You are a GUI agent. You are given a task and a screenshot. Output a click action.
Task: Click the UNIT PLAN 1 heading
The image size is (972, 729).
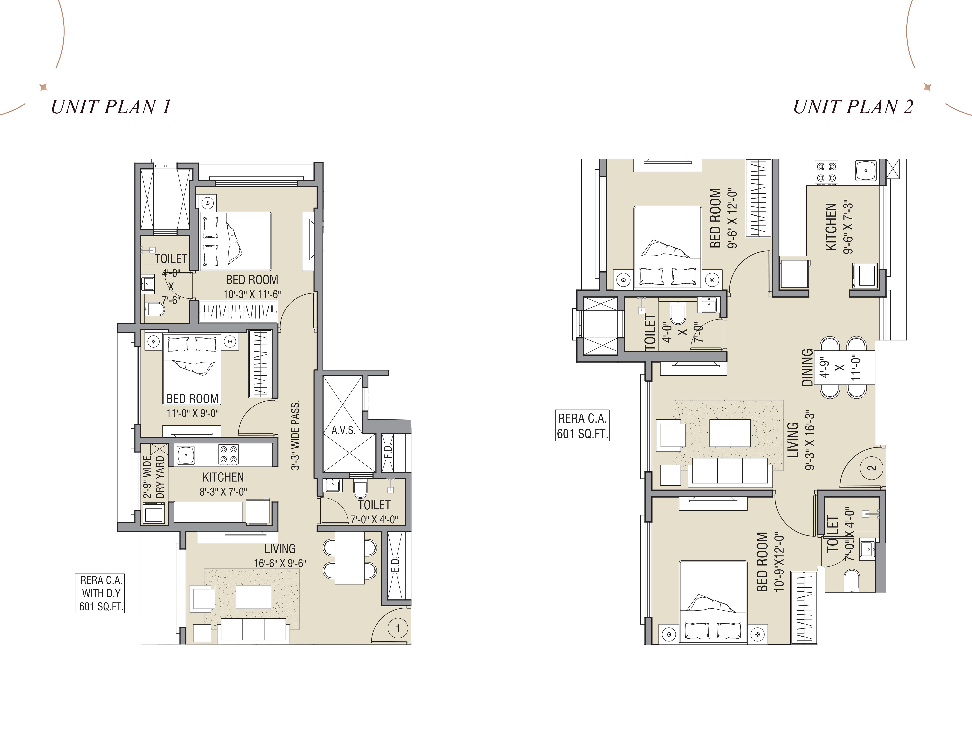click(111, 107)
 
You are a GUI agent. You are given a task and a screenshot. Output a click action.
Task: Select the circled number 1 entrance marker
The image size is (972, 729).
click(398, 628)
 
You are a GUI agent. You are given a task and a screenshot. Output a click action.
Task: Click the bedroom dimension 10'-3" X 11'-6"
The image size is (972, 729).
click(252, 294)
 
